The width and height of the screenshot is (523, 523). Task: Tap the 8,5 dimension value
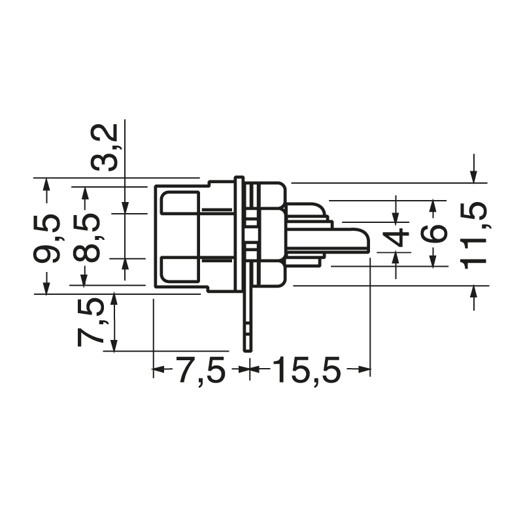pyautogui.click(x=87, y=237)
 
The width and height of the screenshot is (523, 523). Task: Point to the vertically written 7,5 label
pyautogui.click(x=90, y=322)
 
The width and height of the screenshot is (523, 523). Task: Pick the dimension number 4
pyautogui.click(x=397, y=237)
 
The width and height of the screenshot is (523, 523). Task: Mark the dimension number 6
pyautogui.click(x=433, y=233)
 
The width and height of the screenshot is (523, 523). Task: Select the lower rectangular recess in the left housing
pyautogui.click(x=180, y=270)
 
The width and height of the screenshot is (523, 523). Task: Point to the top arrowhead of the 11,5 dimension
pyautogui.click(x=474, y=177)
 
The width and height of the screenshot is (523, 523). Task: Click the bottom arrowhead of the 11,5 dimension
pyautogui.click(x=474, y=291)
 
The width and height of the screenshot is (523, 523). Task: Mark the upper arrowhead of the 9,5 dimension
pyautogui.click(x=46, y=184)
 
